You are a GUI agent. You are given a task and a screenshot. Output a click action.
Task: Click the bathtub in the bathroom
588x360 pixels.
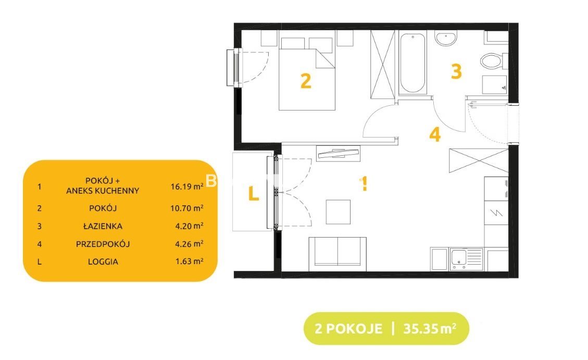412,63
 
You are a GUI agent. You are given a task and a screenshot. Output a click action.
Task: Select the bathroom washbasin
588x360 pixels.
446,39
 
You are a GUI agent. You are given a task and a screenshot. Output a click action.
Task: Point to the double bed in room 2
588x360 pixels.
307,74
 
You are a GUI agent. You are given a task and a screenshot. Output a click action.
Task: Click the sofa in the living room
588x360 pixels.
337,254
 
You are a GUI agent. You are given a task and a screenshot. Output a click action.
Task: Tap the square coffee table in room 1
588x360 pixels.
338,212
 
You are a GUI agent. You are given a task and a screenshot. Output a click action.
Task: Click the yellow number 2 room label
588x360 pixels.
306,81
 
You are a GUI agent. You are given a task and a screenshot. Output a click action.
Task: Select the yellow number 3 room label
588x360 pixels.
456,71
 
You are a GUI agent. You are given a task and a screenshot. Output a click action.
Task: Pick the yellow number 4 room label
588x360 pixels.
435,134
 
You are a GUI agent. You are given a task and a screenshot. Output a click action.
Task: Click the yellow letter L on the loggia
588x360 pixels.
254,193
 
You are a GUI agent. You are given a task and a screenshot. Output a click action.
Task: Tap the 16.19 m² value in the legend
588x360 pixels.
187,186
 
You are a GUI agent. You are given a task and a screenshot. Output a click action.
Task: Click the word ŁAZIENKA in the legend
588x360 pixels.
103,226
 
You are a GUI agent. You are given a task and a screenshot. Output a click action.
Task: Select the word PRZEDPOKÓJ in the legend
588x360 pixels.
103,244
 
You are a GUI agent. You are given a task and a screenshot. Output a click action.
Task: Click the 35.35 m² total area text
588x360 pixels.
430,329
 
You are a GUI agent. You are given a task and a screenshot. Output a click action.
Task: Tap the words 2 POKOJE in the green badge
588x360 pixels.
348,329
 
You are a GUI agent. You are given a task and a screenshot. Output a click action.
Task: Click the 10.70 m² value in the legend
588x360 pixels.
187,208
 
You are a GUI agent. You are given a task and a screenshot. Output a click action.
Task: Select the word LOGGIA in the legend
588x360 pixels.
103,262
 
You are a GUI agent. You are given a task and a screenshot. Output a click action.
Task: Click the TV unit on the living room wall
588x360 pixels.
338,153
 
